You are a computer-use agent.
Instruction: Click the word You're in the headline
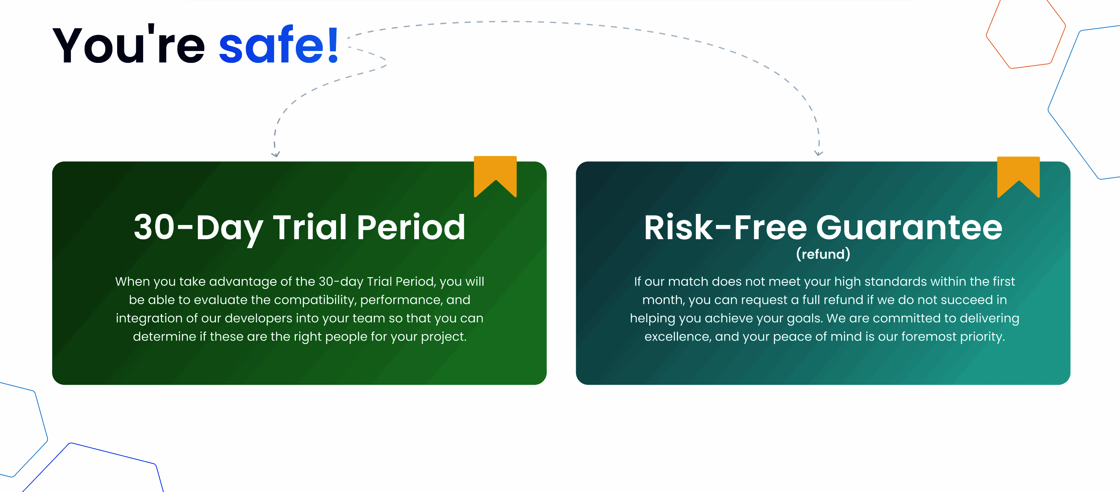pos(129,44)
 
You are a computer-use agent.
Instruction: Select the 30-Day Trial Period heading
pos(300,228)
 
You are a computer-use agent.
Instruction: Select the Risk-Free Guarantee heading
pos(823,227)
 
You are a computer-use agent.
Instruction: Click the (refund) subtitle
pos(823,254)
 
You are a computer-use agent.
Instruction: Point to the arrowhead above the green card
pos(276,154)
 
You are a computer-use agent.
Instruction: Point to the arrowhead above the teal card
pos(819,153)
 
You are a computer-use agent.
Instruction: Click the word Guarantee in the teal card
pos(909,227)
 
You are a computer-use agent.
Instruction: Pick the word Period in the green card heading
pos(411,227)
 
